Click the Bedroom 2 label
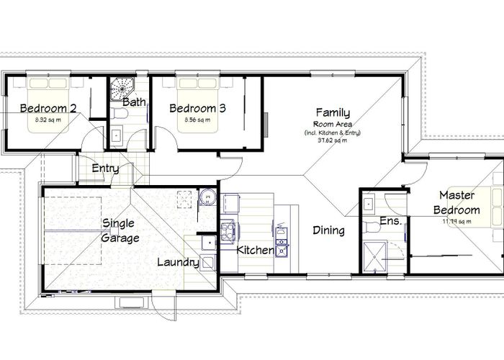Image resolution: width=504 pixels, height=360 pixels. tap(48, 109)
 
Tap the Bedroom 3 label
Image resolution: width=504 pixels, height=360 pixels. tap(197, 109)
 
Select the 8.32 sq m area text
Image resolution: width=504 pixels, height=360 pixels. tap(48, 120)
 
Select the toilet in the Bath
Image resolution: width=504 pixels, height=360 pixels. tap(117, 134)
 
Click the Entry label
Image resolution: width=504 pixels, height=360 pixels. tap(105, 169)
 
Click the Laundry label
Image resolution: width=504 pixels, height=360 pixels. tap(178, 263)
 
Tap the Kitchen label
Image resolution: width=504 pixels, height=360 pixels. tap(256, 251)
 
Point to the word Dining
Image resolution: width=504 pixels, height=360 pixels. tap(328, 231)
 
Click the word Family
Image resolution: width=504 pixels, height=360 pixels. tap(333, 112)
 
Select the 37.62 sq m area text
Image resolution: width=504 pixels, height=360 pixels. tap(333, 141)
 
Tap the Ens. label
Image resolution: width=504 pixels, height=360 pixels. tap(390, 221)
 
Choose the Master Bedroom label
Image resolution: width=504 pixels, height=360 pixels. tap(459, 202)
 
